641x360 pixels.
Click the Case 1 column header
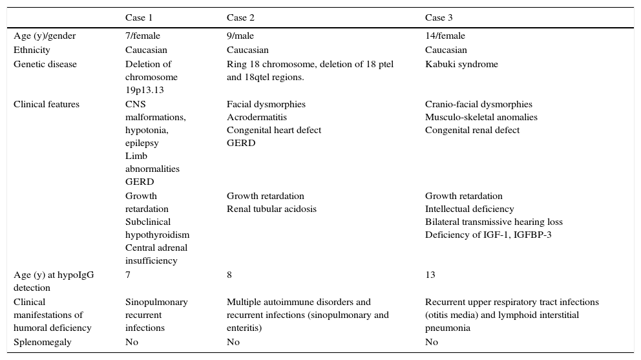(x=140, y=17)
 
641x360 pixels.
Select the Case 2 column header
(x=241, y=17)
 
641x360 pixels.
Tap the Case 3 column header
(x=439, y=17)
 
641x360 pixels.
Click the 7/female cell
(x=143, y=36)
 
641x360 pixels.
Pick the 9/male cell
(x=240, y=36)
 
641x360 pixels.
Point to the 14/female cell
(x=445, y=36)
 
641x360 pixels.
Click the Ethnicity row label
(x=32, y=50)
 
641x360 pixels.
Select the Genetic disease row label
(x=45, y=65)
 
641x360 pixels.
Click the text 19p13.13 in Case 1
(x=145, y=90)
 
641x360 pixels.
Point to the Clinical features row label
(x=47, y=105)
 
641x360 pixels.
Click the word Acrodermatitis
(x=257, y=118)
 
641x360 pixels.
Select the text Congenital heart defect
(x=274, y=131)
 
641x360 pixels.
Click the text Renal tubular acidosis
(x=271, y=209)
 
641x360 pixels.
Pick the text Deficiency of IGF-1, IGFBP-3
(x=489, y=235)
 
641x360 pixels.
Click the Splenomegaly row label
(x=43, y=343)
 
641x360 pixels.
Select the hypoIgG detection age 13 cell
(x=430, y=275)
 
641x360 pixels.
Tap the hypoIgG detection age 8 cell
(x=229, y=275)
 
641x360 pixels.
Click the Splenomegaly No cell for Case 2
(x=233, y=343)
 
